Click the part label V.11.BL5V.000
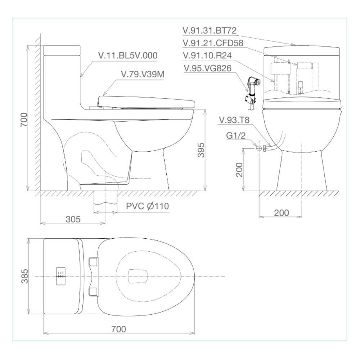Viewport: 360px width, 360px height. [128, 55]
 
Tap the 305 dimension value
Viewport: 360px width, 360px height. [73, 219]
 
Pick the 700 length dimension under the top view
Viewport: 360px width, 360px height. [119, 329]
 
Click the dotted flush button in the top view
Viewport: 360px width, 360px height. [61, 276]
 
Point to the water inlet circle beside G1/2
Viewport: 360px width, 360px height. [259, 148]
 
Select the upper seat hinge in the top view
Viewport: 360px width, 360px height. [93, 261]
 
